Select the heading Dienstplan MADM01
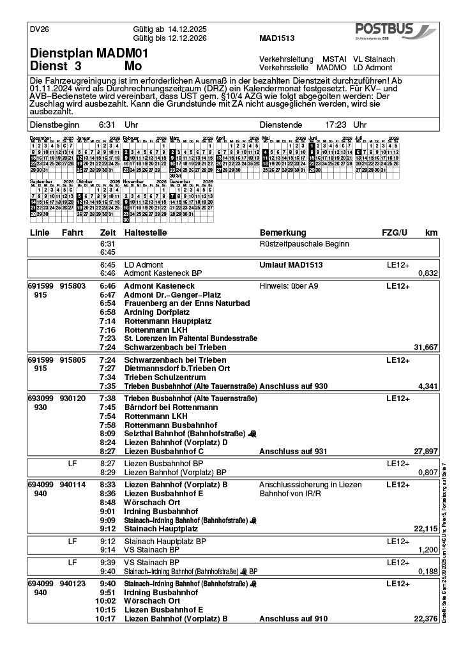coord(89,54)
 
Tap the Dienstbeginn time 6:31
coord(106,125)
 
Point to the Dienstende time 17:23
coord(336,125)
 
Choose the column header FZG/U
coord(394,232)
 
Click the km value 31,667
coord(426,347)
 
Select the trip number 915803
coord(73,286)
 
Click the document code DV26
coord(40,29)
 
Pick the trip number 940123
coord(73,584)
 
